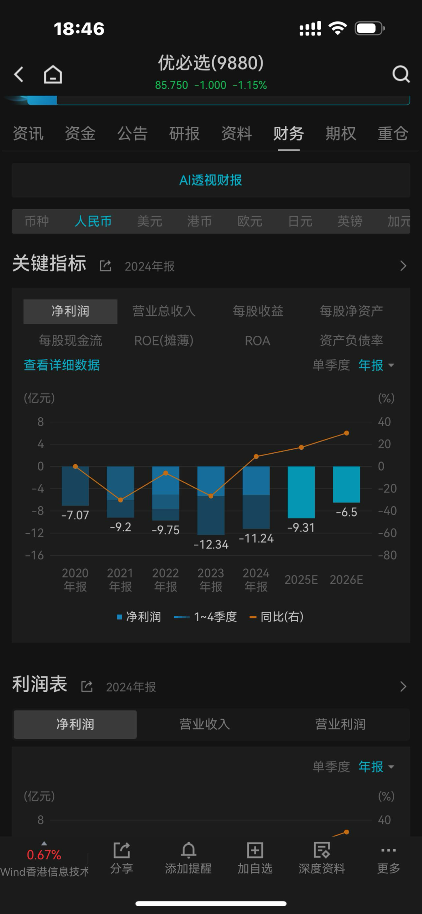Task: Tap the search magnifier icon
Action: point(401,74)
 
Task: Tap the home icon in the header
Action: point(53,74)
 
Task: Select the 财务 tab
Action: point(289,134)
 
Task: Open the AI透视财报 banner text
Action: point(211,180)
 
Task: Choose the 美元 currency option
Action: point(150,221)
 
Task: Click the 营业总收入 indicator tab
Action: point(164,311)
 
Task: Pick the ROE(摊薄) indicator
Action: point(164,340)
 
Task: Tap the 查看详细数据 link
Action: point(62,365)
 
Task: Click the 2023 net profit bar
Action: point(211,501)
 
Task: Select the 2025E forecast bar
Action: point(301,492)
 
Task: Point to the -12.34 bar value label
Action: point(211,544)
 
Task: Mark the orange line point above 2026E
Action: point(347,433)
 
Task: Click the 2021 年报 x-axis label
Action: point(120,580)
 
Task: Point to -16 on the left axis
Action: point(34,555)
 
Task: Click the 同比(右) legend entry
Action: point(277,617)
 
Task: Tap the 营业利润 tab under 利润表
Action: point(340,724)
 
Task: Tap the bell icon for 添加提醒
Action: point(188,850)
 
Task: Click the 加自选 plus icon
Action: point(255,850)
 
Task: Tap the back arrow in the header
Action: point(19,74)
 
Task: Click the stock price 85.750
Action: point(172,85)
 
